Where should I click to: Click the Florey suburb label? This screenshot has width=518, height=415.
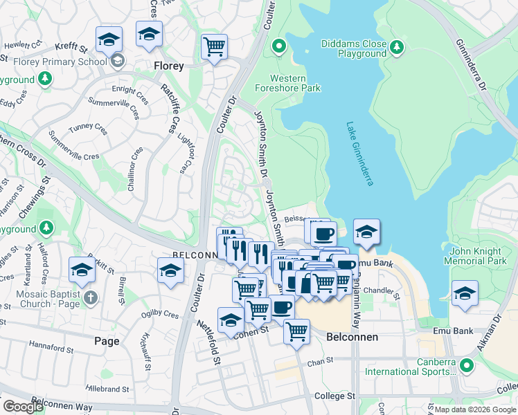[168, 66]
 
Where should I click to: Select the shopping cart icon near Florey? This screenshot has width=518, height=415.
[215, 47]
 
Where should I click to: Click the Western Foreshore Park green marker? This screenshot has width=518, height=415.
[279, 46]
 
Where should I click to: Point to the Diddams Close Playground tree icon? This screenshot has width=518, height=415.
[396, 47]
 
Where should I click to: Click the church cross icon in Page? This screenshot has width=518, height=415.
[90, 298]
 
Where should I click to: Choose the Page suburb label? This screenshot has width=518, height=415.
[107, 341]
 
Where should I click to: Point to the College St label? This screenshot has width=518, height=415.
[334, 396]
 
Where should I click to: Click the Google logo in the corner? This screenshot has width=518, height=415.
[24, 407]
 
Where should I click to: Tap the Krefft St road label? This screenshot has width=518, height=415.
[71, 49]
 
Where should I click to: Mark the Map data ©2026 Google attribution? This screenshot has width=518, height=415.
[474, 409]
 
